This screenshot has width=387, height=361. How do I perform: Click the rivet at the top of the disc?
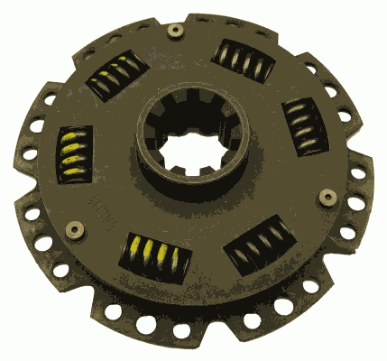tap(173, 32)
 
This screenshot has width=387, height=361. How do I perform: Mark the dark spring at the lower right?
tap(260, 245)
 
